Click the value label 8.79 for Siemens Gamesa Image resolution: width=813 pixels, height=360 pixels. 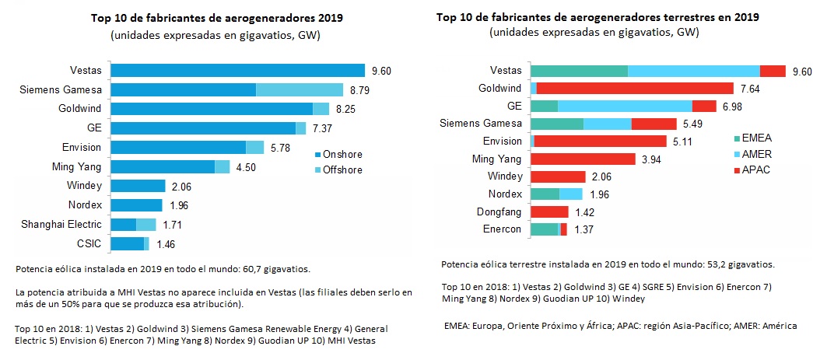click(x=359, y=89)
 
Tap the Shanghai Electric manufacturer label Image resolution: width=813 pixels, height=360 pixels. click(x=67, y=225)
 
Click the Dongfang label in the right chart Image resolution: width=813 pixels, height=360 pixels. click(x=501, y=211)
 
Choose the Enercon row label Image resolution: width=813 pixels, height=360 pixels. click(x=503, y=229)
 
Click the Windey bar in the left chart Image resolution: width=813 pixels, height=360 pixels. click(x=138, y=186)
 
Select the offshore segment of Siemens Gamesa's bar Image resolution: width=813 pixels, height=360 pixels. click(x=300, y=89)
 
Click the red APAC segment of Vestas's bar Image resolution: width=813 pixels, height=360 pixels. click(x=773, y=71)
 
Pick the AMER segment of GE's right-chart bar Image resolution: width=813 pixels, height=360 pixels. click(x=625, y=106)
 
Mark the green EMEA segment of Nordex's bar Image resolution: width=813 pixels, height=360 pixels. click(x=545, y=194)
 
